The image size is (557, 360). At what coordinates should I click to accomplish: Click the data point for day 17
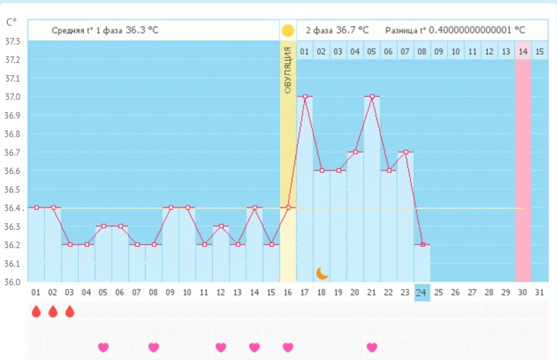click(x=305, y=97)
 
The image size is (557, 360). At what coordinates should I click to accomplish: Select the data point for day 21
click(x=372, y=97)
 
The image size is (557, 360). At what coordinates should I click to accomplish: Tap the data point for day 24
click(x=422, y=244)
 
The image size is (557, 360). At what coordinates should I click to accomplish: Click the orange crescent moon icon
click(x=323, y=273)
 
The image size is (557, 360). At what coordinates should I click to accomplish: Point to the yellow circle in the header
click(x=288, y=30)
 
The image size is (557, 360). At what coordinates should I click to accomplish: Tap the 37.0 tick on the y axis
click(x=13, y=97)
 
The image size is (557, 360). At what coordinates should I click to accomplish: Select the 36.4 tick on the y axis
click(x=13, y=208)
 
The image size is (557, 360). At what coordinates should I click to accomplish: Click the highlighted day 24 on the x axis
click(x=422, y=291)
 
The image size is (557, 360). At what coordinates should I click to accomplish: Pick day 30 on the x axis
click(x=522, y=291)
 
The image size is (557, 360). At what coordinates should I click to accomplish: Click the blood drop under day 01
click(x=36, y=312)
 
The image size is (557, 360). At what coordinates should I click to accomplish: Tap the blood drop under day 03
click(x=69, y=312)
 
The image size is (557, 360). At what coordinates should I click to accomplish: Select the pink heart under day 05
click(x=103, y=347)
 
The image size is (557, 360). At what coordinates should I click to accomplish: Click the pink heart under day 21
click(x=372, y=347)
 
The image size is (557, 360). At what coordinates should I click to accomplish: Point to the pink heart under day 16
click(x=288, y=347)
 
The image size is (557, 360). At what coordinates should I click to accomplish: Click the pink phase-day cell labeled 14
click(x=522, y=51)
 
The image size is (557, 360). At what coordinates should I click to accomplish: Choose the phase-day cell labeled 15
click(x=539, y=51)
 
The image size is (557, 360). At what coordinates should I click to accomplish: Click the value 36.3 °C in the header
click(x=142, y=30)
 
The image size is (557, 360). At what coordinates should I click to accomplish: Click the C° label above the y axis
click(x=12, y=22)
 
